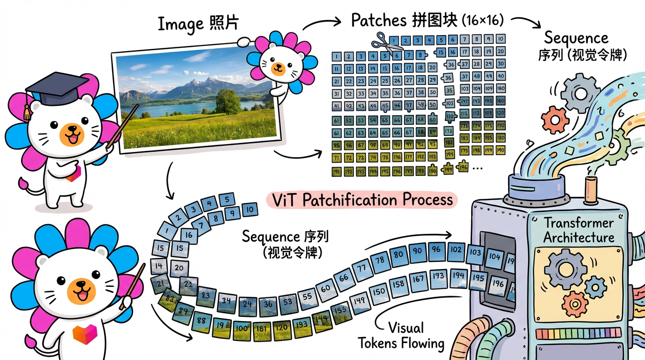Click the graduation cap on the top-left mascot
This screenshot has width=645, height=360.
click(x=56, y=87)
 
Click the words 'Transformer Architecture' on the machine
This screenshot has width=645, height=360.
click(x=578, y=230)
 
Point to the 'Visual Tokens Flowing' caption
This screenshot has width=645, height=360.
click(x=400, y=336)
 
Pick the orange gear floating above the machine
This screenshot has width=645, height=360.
click(x=555, y=119)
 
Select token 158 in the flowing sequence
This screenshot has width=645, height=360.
click(x=398, y=284)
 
